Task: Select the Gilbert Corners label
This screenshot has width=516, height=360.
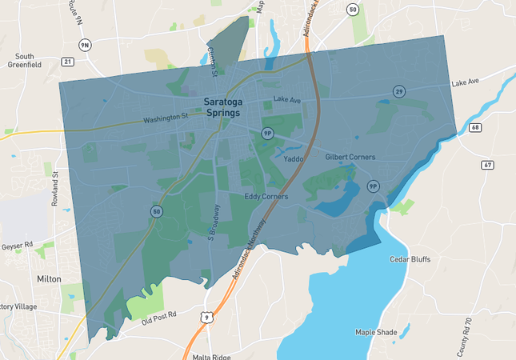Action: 350,157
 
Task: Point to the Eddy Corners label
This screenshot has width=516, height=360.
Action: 266,196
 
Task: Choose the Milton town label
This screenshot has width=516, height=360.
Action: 49,278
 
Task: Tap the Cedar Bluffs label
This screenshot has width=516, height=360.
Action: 410,259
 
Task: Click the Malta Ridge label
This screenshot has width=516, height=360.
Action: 210,357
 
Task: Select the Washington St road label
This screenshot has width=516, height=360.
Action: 166,118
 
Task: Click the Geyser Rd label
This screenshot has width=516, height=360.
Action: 17,245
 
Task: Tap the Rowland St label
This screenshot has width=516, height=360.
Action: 55,189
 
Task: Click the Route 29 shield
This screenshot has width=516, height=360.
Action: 398,91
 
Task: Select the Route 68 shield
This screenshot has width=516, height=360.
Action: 475,127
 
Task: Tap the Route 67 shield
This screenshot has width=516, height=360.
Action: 488,165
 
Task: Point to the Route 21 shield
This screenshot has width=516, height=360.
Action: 67,61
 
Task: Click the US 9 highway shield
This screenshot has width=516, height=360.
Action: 207,318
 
